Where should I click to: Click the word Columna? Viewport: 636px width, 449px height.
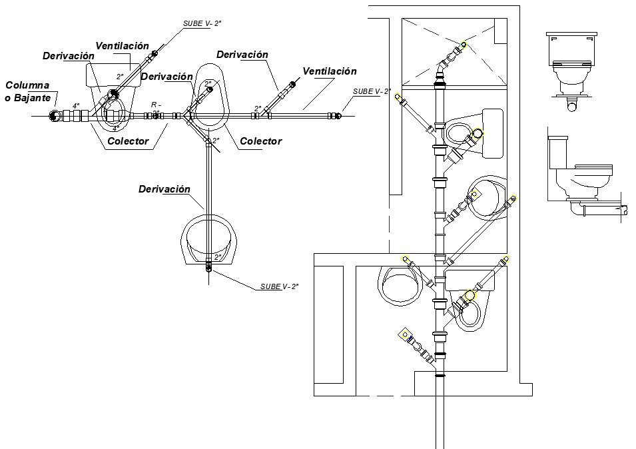coord(28,85)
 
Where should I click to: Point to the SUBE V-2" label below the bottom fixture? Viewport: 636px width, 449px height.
coord(279,286)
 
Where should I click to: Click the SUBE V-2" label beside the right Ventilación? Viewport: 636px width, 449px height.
coord(371,91)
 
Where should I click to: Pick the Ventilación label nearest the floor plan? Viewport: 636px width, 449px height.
coord(329,71)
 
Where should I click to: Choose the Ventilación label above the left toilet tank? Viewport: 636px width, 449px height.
coord(122,46)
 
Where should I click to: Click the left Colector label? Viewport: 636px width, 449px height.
coord(128,141)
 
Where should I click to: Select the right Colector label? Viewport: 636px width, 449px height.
coord(260,141)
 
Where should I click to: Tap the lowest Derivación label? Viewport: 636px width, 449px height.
coord(164,189)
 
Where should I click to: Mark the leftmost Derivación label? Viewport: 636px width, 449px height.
coord(68,56)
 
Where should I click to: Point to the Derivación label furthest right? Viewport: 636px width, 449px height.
coord(242,55)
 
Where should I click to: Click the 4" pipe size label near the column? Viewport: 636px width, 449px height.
coord(76,106)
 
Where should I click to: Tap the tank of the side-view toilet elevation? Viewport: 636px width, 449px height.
coord(557,153)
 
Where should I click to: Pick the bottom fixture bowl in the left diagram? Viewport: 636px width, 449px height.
coord(208,240)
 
